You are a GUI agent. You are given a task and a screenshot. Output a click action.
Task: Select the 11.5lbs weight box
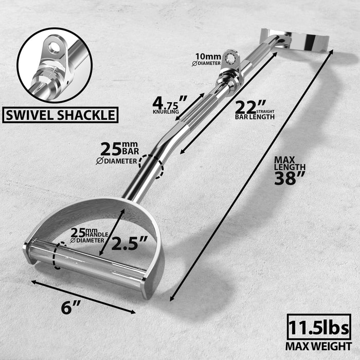pyautogui.click(x=318, y=327)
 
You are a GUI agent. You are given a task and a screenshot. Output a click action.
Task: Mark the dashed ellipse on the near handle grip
pyautogui.click(x=58, y=256)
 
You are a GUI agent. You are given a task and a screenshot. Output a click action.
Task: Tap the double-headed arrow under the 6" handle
pyautogui.click(x=83, y=296)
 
